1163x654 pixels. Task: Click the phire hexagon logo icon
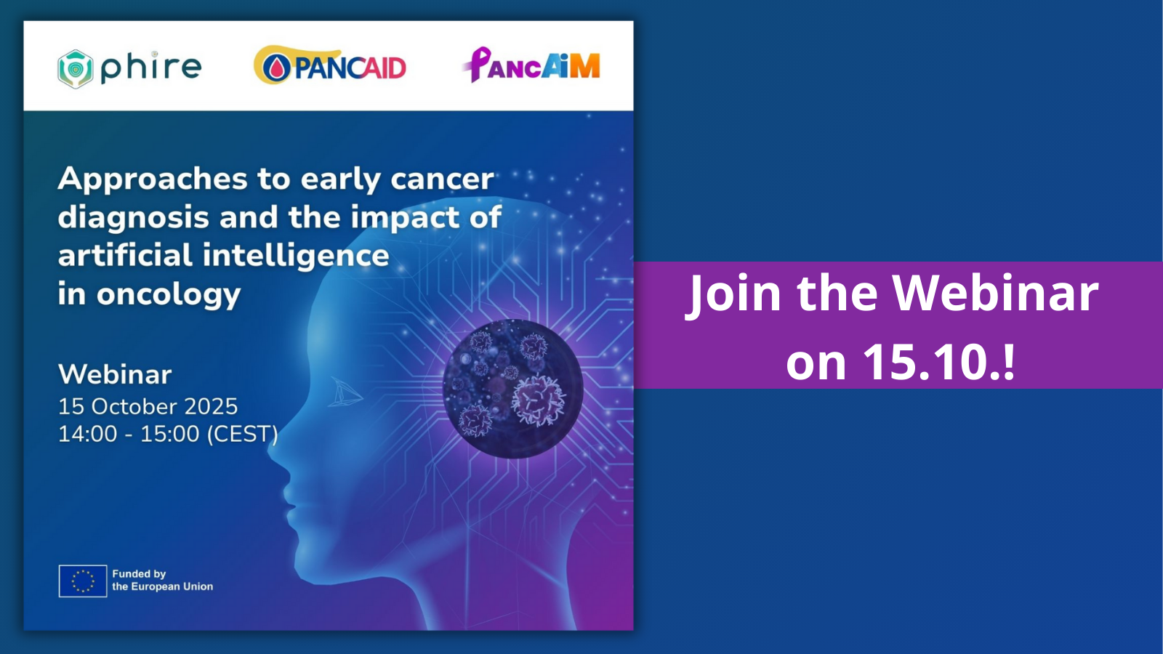point(76,69)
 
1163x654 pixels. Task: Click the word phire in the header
point(150,68)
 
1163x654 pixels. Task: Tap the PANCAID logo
point(330,66)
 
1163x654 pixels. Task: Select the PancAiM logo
point(531,65)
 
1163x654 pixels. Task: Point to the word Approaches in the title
point(153,179)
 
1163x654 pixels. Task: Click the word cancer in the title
point(442,179)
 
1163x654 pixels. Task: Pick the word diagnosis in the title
point(133,217)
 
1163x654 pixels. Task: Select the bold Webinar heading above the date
point(115,374)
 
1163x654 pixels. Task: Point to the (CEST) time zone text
point(243,434)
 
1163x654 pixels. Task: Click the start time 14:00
point(88,434)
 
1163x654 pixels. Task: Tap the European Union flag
point(83,581)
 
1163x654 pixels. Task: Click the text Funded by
point(139,573)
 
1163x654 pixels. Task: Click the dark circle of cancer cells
point(513,389)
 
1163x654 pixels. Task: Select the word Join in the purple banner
point(733,294)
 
